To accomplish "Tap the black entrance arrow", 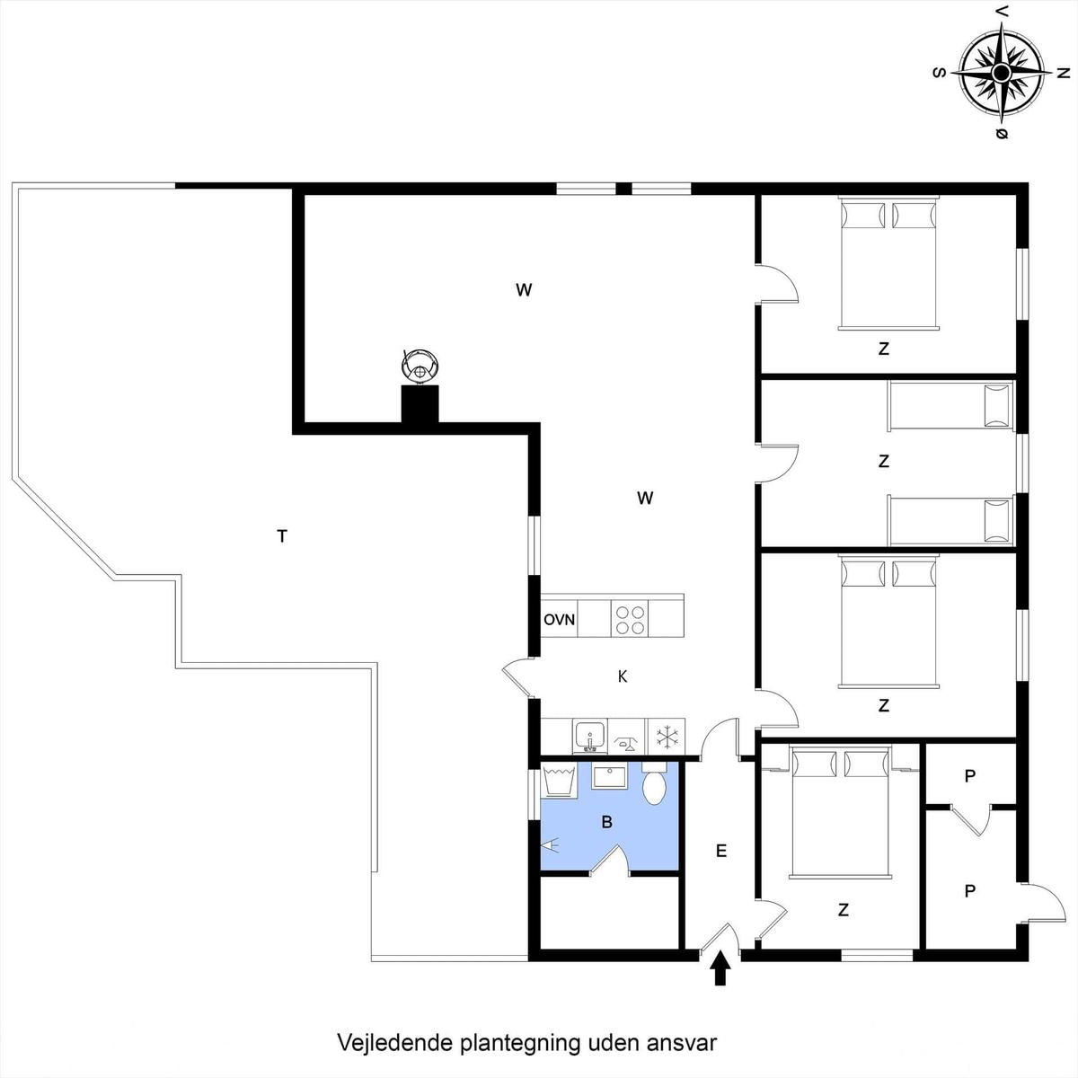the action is pyautogui.click(x=720, y=968).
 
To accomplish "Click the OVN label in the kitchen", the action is pyautogui.click(x=559, y=620).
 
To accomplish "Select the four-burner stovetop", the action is pyautogui.click(x=630, y=619).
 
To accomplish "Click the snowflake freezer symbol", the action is pyautogui.click(x=667, y=737).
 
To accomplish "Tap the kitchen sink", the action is pyautogui.click(x=589, y=737).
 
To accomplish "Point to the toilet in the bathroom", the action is pyautogui.click(x=653, y=782).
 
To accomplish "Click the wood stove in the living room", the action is pyautogui.click(x=419, y=367).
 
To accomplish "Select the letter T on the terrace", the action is pyautogui.click(x=282, y=536).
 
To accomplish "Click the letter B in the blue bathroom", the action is pyautogui.click(x=607, y=822).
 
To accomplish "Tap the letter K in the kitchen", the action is pyautogui.click(x=622, y=677).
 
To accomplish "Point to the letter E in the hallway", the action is pyautogui.click(x=721, y=851).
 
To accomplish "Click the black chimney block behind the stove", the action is pyautogui.click(x=420, y=404).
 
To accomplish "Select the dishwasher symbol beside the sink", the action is pyautogui.click(x=627, y=737).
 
